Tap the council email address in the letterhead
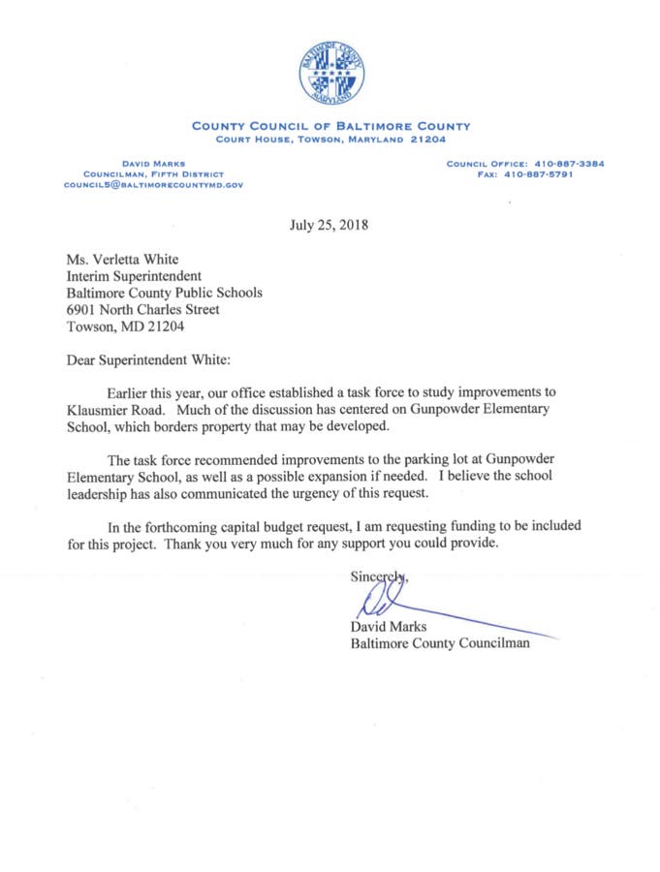coord(153,183)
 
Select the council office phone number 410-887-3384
coord(562,164)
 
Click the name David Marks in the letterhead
coord(153,164)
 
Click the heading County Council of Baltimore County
coord(330,126)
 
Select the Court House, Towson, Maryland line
coord(330,138)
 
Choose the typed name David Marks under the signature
coord(388,628)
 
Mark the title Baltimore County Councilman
coord(440,644)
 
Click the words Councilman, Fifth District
coord(153,173)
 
